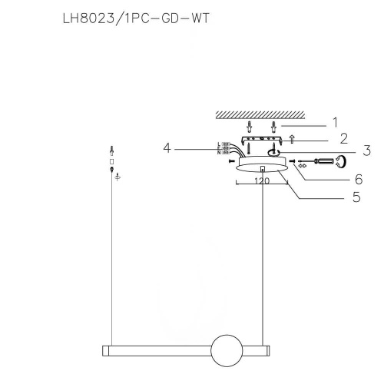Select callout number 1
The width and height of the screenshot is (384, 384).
click(335, 122)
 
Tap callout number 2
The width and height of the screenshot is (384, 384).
click(343, 139)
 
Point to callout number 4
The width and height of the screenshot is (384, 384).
click(167, 146)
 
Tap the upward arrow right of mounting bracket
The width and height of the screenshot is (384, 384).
click(292, 140)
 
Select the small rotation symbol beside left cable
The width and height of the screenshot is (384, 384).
click(118, 177)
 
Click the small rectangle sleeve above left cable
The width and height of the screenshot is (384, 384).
click(111, 162)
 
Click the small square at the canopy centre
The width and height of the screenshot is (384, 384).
click(263, 169)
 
